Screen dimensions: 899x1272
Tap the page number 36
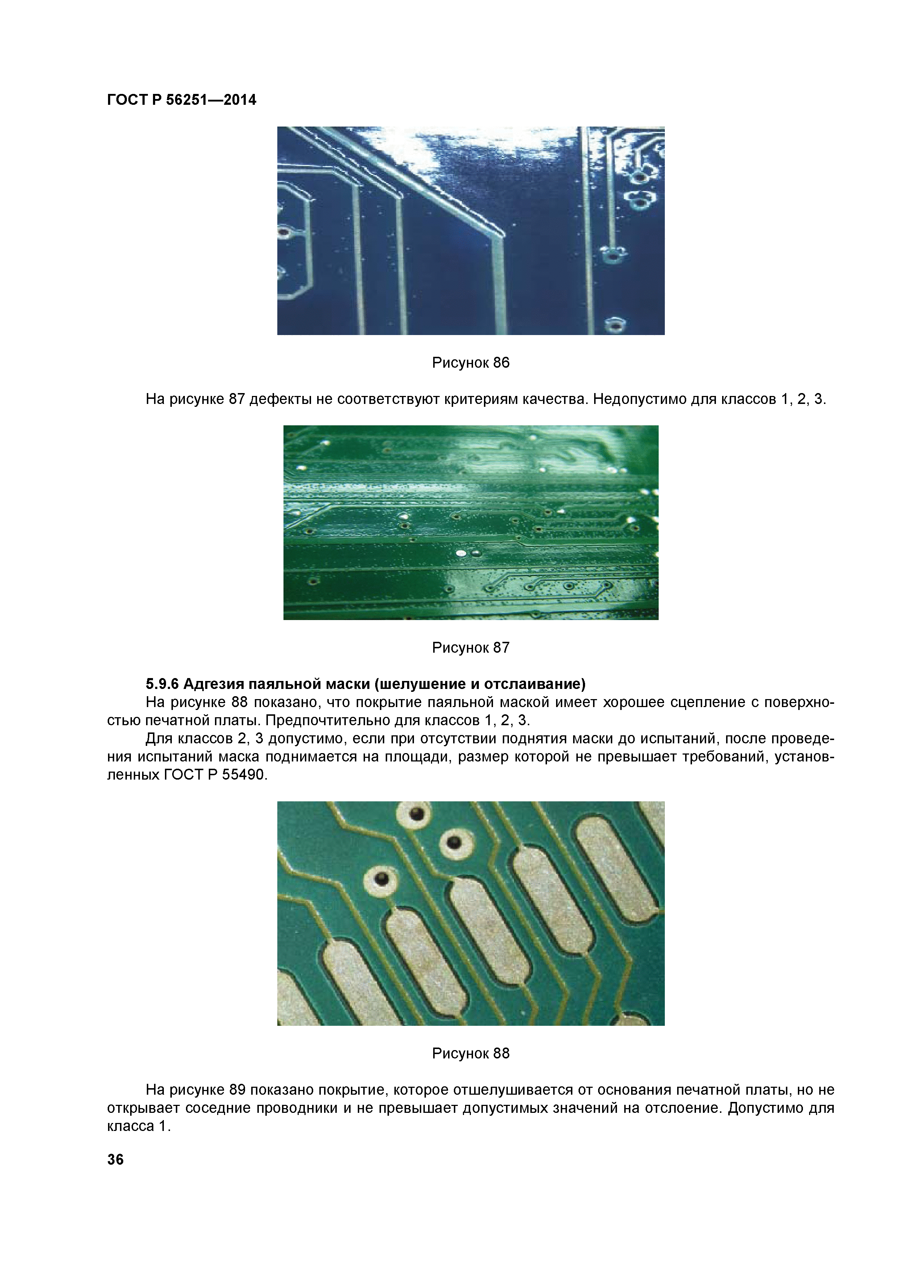click(115, 1160)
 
